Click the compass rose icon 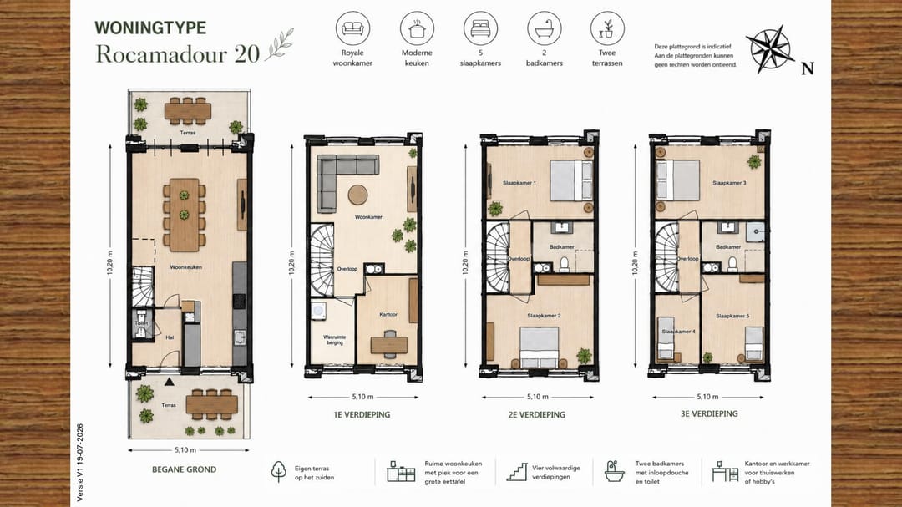coord(770,49)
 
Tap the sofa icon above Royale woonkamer coord(352,28)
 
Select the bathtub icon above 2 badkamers coord(545,28)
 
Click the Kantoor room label coord(388,315)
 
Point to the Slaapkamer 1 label coord(519,183)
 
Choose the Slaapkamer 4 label coord(678,332)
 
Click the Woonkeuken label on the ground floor coord(185,267)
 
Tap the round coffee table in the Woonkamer coord(357,195)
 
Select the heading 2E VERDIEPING coord(537,414)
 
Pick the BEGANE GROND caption coord(184,469)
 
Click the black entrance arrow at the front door coord(169,381)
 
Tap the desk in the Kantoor coord(389,345)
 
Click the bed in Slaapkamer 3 coord(678,180)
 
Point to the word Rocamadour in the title coord(161,54)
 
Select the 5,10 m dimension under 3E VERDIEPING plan coord(707,397)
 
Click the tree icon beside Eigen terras coord(278,471)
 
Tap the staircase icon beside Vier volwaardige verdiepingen coord(517,472)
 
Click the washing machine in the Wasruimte coord(318,311)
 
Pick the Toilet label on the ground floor coord(141,323)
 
